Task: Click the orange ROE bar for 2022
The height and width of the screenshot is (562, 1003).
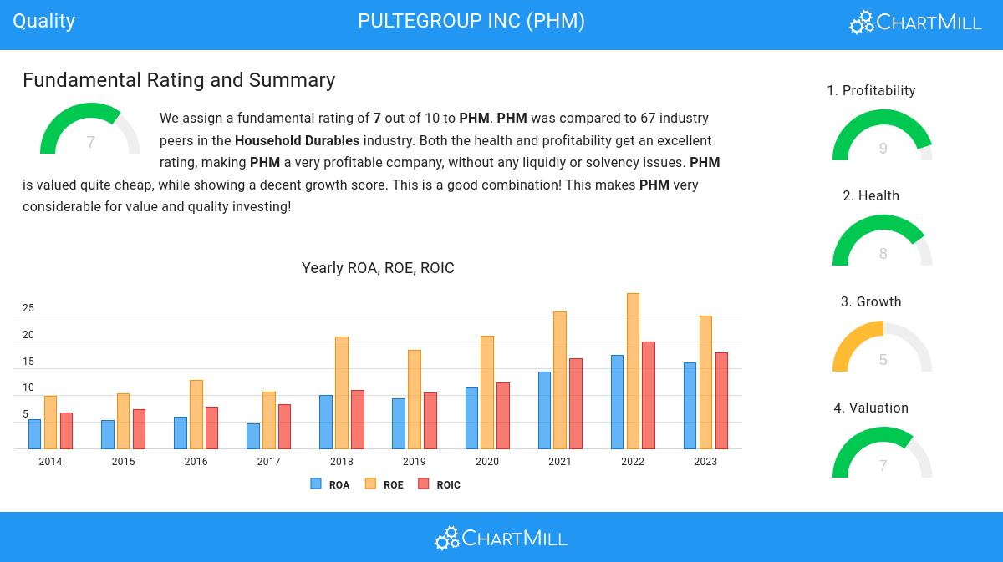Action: coord(633,371)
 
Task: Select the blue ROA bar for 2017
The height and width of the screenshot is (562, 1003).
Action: coord(253,436)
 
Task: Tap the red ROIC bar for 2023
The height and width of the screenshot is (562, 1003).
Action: coord(721,400)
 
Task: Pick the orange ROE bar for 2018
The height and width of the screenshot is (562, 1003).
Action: coord(342,392)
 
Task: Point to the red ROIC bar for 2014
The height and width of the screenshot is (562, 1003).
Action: coord(66,430)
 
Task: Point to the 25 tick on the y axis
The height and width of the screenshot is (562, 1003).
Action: coord(28,308)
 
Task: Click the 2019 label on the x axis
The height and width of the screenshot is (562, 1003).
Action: coord(415,462)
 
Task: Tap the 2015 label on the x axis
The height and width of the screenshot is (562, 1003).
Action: coord(123,462)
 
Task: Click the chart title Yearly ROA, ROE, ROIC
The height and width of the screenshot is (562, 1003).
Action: coord(378,268)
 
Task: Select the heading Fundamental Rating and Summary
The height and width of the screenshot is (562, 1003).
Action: coord(179,80)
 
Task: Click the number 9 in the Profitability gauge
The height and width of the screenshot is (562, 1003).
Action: coord(883,149)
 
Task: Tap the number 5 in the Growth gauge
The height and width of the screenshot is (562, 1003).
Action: coord(883,360)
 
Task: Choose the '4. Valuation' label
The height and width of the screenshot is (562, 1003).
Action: coord(871,408)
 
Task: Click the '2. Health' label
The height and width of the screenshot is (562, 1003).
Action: coord(871,195)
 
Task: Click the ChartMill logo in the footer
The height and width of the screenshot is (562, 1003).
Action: coord(501,538)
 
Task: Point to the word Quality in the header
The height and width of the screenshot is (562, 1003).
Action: coord(44,21)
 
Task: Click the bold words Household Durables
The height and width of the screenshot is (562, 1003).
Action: coord(297,140)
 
